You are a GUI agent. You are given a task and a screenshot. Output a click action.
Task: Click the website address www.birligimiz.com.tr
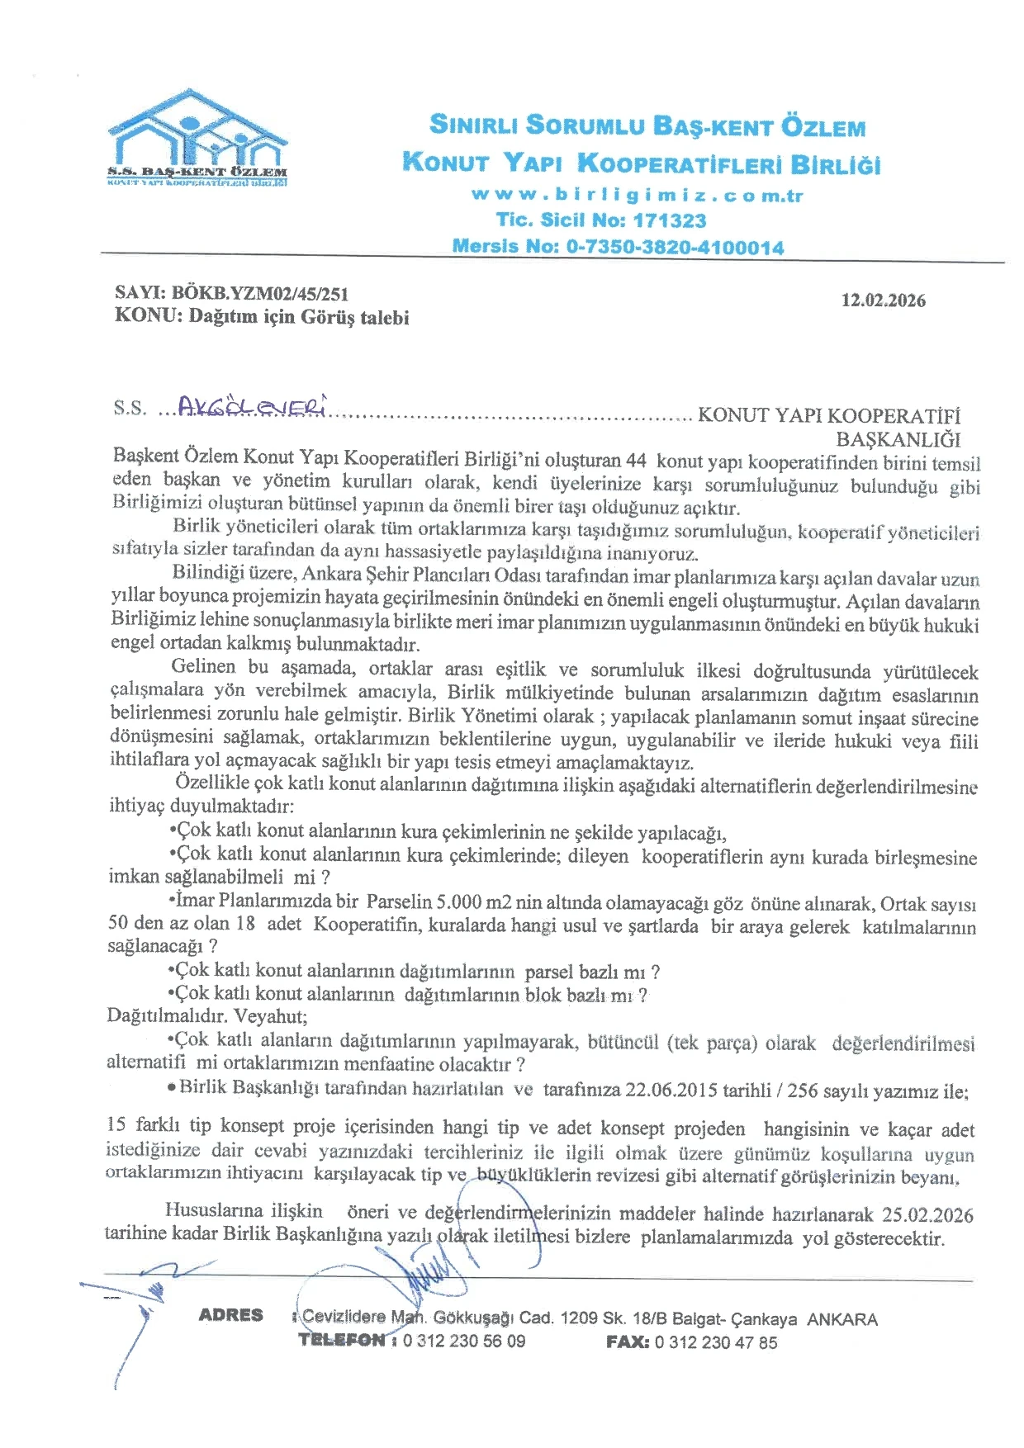637,196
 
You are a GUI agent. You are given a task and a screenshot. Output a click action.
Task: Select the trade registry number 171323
670,220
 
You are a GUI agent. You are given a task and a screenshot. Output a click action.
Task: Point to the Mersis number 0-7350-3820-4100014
675,246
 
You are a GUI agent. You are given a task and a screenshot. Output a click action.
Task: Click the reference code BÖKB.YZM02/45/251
259,293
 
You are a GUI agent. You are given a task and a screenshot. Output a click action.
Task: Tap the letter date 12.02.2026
883,300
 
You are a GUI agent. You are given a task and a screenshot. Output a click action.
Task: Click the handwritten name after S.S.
253,406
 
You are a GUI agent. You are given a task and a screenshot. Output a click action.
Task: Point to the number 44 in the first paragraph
636,461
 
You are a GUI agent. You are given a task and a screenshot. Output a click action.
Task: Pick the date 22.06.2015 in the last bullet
671,1090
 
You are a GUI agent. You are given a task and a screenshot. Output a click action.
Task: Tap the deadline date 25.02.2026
927,1215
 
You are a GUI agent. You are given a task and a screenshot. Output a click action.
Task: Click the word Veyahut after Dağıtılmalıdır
270,1016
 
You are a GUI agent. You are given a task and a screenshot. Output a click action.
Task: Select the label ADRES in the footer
230,1315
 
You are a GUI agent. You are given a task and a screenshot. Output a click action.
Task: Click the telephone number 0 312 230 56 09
464,1341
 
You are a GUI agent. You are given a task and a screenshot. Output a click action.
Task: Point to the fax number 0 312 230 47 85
715,1342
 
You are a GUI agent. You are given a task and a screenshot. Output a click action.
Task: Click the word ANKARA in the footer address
841,1319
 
